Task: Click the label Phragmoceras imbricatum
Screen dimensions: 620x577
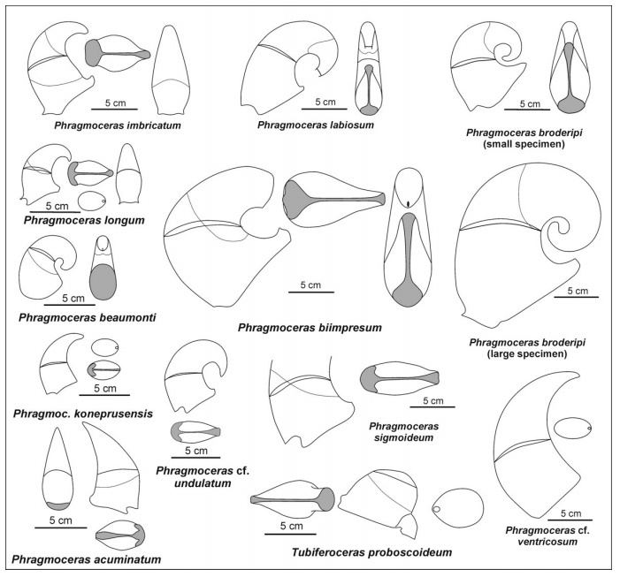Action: (x=118, y=125)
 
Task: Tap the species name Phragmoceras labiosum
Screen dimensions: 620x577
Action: (x=316, y=125)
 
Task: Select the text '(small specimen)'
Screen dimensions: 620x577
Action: (x=524, y=144)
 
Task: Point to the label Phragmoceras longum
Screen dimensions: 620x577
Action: (x=84, y=220)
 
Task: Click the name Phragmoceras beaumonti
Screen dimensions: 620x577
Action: (x=87, y=317)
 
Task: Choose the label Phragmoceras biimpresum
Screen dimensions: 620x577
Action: (x=310, y=328)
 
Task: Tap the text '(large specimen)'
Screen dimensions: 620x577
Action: (x=526, y=353)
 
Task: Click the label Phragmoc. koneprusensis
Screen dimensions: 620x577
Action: (x=83, y=414)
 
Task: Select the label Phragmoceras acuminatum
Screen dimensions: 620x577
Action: (x=86, y=559)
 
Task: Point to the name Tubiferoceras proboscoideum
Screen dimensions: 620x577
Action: (x=371, y=551)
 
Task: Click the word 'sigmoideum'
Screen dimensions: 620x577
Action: (x=403, y=437)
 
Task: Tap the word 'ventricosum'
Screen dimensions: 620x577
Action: (x=547, y=541)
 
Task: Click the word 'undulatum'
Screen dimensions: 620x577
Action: (x=203, y=482)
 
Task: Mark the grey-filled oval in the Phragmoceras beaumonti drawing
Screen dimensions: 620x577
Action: (x=103, y=282)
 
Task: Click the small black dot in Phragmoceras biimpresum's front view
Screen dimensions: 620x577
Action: (x=407, y=204)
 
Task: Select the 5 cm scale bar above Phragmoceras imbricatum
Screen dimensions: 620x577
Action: (x=115, y=108)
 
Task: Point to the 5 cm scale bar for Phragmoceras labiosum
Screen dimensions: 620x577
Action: (x=325, y=108)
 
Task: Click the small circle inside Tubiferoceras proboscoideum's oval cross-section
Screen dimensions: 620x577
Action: (x=437, y=510)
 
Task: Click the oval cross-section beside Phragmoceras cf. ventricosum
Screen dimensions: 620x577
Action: (x=572, y=428)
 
